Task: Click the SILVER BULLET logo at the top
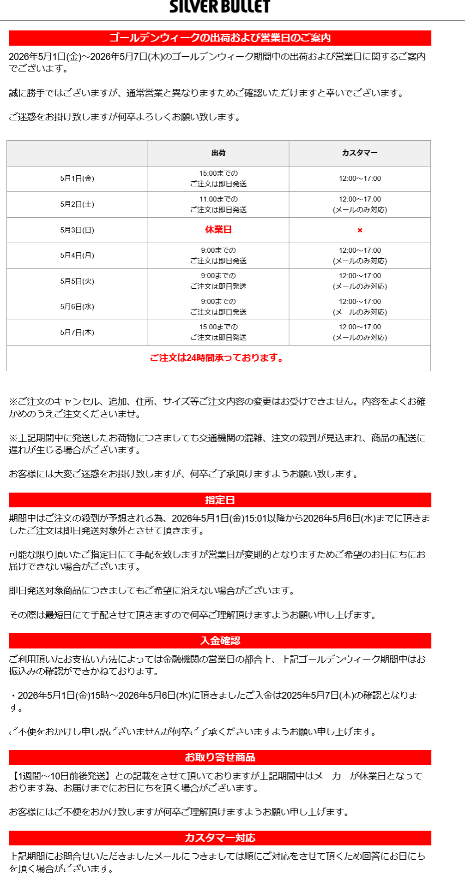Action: coord(220,6)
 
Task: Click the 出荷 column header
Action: coord(218,153)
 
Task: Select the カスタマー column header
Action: coord(360,153)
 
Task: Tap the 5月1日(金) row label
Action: coord(77,178)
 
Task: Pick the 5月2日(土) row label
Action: coord(77,204)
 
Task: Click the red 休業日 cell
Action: coord(218,230)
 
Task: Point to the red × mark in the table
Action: coord(360,230)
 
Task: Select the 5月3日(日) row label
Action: coord(77,230)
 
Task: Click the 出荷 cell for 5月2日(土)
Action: coord(218,204)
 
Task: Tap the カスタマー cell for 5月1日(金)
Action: coord(360,178)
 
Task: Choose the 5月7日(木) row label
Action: coord(77,333)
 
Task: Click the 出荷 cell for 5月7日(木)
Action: coord(218,332)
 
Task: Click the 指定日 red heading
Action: coord(220,500)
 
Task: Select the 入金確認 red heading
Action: coord(220,641)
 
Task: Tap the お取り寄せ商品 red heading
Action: coord(220,757)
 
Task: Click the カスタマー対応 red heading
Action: coord(220,838)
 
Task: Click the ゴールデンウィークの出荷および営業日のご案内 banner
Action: coord(220,38)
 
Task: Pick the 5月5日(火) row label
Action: coord(77,281)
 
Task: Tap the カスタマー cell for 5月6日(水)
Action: coord(360,307)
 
